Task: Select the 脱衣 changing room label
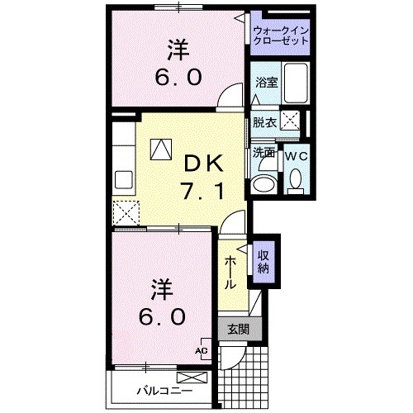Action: click(264, 122)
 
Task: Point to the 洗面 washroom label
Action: click(264, 153)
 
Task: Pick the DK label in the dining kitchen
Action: click(201, 164)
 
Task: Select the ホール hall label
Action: click(231, 272)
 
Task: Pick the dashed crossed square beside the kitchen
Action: click(126, 213)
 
